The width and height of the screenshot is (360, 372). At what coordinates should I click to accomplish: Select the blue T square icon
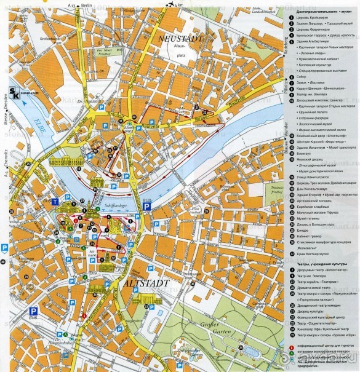click(x=55, y=201)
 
